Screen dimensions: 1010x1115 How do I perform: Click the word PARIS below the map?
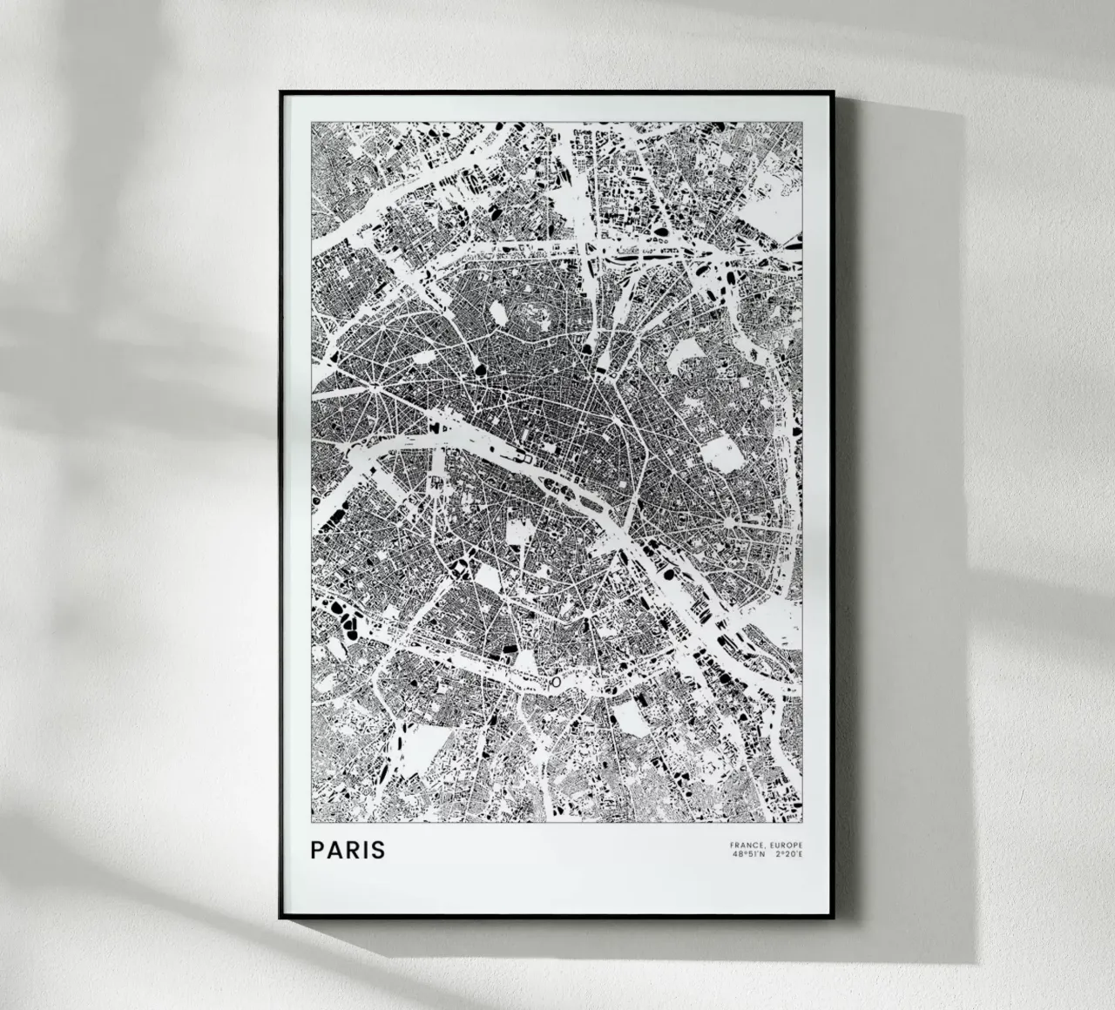348,849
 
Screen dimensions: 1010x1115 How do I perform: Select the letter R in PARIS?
354,849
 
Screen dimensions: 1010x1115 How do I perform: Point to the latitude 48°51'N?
749,854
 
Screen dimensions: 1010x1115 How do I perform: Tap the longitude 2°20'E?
789,854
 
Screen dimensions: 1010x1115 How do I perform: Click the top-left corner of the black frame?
280,91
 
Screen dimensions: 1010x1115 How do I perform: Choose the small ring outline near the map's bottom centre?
555,684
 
